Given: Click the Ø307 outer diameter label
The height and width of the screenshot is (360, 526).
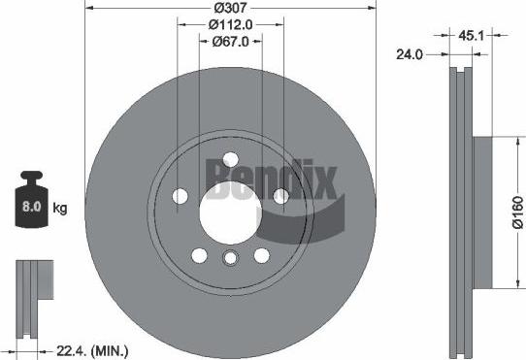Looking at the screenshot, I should click(x=230, y=9).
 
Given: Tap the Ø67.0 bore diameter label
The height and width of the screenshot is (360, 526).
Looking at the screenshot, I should click(x=231, y=42).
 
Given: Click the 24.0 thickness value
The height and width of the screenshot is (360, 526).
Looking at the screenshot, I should click(x=411, y=54).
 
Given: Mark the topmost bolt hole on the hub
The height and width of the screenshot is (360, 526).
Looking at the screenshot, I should click(x=230, y=161).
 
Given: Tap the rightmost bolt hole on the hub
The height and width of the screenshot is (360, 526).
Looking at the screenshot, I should click(x=279, y=197).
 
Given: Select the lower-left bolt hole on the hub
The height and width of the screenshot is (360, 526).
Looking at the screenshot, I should click(x=199, y=255).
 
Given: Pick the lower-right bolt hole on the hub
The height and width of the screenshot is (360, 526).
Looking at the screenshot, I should click(x=261, y=255).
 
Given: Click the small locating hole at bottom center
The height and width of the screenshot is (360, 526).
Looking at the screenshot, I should click(x=230, y=257).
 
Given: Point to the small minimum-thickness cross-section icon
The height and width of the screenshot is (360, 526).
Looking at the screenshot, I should click(x=33, y=290).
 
